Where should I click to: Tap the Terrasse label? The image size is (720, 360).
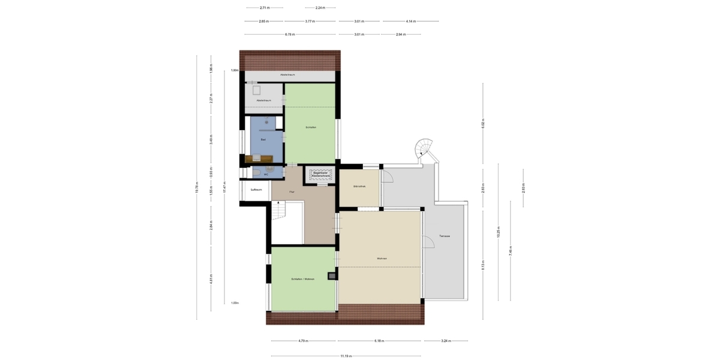click(x=444, y=236)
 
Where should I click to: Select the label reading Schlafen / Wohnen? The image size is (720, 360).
click(x=303, y=279)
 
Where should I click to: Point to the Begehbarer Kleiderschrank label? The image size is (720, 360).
click(x=320, y=174)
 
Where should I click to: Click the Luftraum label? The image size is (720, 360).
click(x=256, y=189)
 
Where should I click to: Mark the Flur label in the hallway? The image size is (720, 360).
click(x=292, y=191)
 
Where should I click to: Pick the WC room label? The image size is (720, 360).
click(x=257, y=174)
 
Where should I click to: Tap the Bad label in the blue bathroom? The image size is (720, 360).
click(x=263, y=139)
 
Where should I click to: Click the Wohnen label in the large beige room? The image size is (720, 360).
click(x=382, y=259)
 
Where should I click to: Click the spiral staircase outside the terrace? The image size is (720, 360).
click(x=425, y=148)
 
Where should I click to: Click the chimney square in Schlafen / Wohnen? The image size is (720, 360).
click(x=331, y=276)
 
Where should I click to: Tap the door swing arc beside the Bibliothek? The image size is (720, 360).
click(x=387, y=176)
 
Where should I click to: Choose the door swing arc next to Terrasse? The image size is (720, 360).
click(x=428, y=242)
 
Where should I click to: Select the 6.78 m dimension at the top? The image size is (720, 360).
click(x=290, y=34)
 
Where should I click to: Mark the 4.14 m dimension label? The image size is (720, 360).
click(x=410, y=21)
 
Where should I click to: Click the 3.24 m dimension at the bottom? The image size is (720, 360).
click(x=445, y=341)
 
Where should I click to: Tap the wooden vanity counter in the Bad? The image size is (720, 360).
click(x=259, y=159)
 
